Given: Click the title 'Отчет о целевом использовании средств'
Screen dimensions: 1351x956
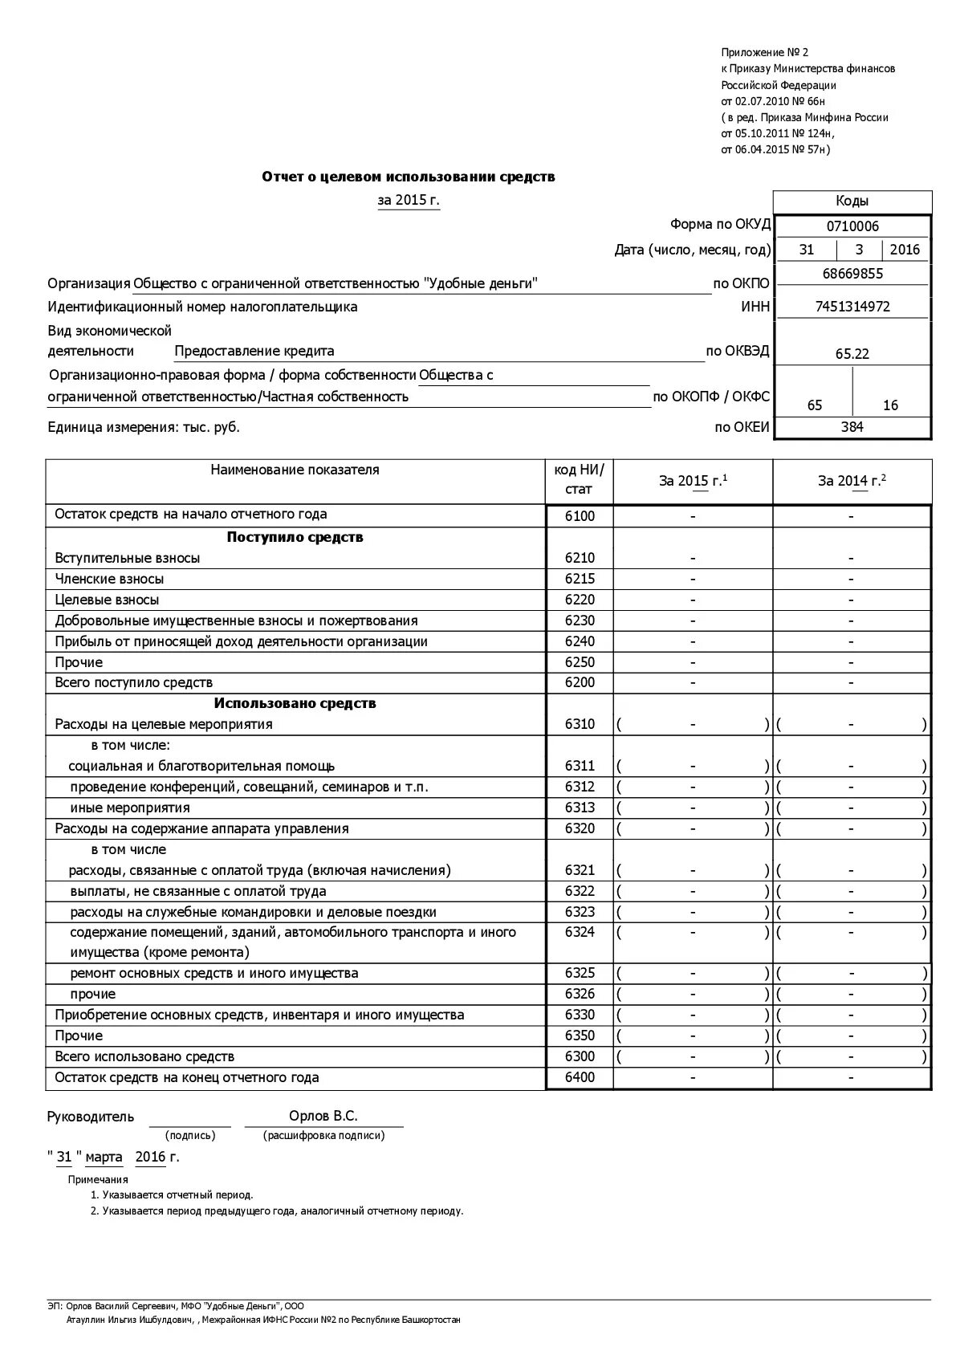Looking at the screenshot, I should tap(408, 177).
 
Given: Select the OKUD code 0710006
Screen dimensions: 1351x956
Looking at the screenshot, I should tap(852, 226).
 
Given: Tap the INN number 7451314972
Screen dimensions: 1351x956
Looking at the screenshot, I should tap(852, 307).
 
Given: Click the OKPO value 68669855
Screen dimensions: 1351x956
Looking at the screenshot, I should tap(852, 274).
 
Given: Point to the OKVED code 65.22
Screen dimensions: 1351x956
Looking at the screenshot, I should tap(852, 354).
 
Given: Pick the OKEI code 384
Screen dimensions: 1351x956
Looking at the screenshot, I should tap(852, 427).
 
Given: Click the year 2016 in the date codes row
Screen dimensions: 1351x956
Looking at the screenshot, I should tap(905, 250).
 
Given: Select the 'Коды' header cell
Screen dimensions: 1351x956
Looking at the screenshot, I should tap(852, 201).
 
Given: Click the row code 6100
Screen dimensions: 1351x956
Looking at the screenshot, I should tap(580, 516).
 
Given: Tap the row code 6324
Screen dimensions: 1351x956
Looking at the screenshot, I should tap(580, 933).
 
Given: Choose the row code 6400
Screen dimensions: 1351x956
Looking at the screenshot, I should tap(580, 1077).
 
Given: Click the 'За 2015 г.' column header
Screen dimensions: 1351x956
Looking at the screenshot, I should tap(693, 481).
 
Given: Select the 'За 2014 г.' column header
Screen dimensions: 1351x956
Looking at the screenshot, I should tap(852, 481).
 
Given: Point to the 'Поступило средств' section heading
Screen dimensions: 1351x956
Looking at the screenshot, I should tap(295, 537).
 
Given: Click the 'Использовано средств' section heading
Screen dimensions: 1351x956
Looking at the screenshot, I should tap(295, 703).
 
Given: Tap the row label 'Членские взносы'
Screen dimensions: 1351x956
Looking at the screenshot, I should tap(109, 579).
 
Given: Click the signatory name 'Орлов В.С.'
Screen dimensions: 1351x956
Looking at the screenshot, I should tap(323, 1117).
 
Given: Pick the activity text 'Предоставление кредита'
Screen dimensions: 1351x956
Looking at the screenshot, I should tap(254, 351).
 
